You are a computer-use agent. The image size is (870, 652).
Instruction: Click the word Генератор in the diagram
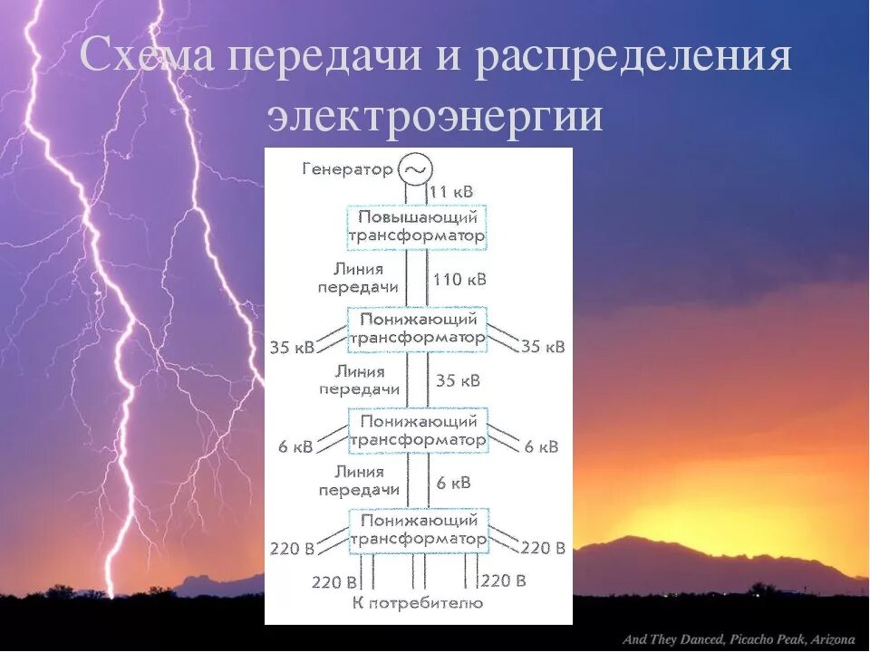pyautogui.click(x=349, y=169)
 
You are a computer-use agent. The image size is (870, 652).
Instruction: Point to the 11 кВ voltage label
pyautogui.click(x=451, y=192)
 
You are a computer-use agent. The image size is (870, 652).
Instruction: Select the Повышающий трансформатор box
pyautogui.click(x=417, y=226)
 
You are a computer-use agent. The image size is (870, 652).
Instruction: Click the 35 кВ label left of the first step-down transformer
pyautogui.click(x=291, y=347)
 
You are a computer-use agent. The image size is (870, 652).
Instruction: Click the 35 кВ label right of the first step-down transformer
pyautogui.click(x=543, y=347)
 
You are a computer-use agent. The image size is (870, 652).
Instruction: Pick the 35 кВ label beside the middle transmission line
pyautogui.click(x=458, y=380)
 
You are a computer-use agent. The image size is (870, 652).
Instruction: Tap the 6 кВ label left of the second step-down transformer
pyautogui.click(x=295, y=446)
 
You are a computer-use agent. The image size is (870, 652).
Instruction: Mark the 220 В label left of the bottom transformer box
pyautogui.click(x=291, y=548)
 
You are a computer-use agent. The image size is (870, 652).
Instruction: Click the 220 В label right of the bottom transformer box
pyautogui.click(x=543, y=548)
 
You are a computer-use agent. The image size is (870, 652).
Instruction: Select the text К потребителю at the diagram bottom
pyautogui.click(x=418, y=603)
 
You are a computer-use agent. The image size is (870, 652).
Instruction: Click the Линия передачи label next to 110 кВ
pyautogui.click(x=359, y=278)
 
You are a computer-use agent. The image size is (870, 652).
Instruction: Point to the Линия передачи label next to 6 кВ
pyautogui.click(x=359, y=481)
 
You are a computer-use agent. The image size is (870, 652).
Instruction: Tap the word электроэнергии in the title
pyautogui.click(x=435, y=116)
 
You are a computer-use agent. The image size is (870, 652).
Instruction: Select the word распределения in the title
pyautogui.click(x=634, y=58)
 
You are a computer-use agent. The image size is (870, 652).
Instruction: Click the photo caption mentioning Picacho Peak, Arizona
pyautogui.click(x=739, y=640)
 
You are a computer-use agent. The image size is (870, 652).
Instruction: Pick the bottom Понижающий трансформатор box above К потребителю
pyautogui.click(x=418, y=530)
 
